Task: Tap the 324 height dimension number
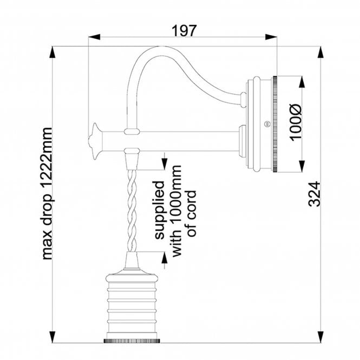(314, 194)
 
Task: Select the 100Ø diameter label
(296, 123)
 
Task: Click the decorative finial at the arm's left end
(96, 140)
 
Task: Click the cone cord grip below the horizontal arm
(132, 160)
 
